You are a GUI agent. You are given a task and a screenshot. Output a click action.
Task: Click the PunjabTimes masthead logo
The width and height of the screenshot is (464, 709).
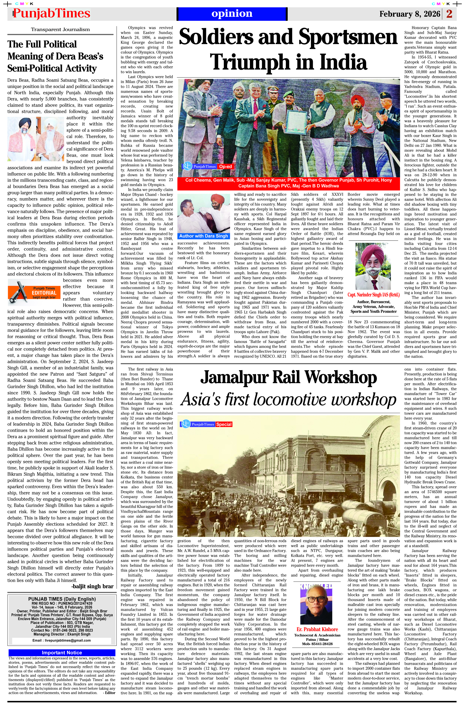pos(51,14)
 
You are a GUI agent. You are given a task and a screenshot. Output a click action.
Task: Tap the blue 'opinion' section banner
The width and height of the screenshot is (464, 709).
pos(232,14)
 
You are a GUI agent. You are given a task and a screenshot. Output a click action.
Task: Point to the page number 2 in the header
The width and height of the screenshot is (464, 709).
pos(449,14)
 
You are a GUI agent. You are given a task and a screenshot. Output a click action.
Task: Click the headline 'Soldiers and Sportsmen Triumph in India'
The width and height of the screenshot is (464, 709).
pos(288,49)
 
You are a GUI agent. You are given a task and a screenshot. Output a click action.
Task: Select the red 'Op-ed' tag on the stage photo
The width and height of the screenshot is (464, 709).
pos(226,166)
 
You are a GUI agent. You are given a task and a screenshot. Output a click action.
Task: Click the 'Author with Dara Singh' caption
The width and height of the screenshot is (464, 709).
pos(203,236)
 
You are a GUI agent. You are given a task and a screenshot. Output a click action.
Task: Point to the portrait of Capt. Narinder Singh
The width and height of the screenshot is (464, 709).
pos(373,266)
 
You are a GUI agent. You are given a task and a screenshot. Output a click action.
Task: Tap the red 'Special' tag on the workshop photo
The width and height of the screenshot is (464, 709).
pos(224,424)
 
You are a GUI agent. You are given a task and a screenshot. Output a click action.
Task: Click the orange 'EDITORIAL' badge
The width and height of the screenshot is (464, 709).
pos(44,293)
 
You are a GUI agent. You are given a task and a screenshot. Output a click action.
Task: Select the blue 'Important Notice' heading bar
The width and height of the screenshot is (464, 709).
pos(62,653)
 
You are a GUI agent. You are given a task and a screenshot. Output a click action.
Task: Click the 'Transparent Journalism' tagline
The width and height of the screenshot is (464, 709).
pos(60,29)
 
